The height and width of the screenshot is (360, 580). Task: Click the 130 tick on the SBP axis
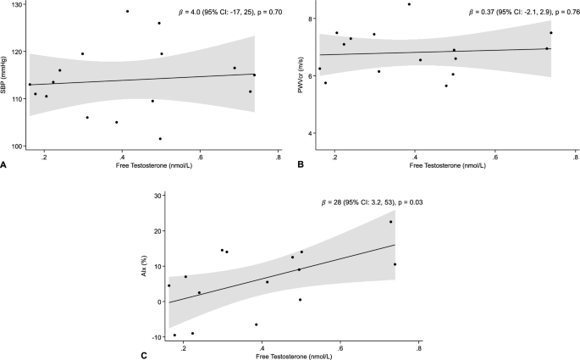coord(18,5)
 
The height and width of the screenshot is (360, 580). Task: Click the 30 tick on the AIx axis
coord(158,196)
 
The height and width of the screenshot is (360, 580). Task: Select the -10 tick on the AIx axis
coord(157,337)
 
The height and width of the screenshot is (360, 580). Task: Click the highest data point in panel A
coord(127,11)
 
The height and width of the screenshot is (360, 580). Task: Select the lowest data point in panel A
coord(160,139)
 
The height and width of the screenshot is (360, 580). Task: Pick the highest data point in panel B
coord(409,4)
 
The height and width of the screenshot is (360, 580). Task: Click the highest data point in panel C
coord(390,222)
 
